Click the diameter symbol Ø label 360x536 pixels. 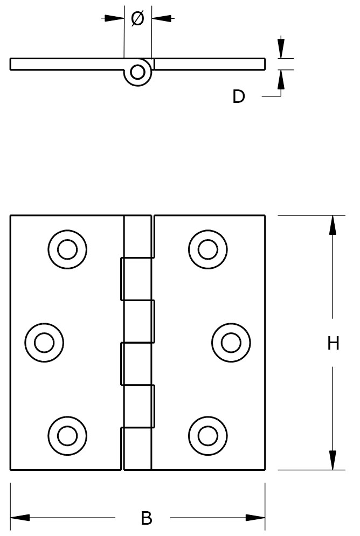pyautogui.click(x=137, y=19)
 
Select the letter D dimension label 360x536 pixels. pyautogui.click(x=238, y=97)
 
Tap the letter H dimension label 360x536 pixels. pyautogui.click(x=333, y=343)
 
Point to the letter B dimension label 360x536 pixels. pyautogui.click(x=146, y=518)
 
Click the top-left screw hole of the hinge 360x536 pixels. pyautogui.click(x=67, y=249)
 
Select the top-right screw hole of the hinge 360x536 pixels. pyautogui.click(x=207, y=249)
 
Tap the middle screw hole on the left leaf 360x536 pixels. pyautogui.click(x=45, y=342)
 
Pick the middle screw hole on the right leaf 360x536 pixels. pyautogui.click(x=231, y=342)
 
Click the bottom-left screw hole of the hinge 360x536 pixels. pyautogui.click(x=67, y=435)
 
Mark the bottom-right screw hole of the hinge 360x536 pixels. pyautogui.click(x=207, y=435)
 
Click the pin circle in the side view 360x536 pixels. pyautogui.click(x=138, y=72)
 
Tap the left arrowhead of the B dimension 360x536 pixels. pyautogui.click(x=20, y=518)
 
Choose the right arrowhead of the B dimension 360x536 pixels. pyautogui.click(x=255, y=518)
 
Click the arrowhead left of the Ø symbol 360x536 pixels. pyautogui.click(x=114, y=18)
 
